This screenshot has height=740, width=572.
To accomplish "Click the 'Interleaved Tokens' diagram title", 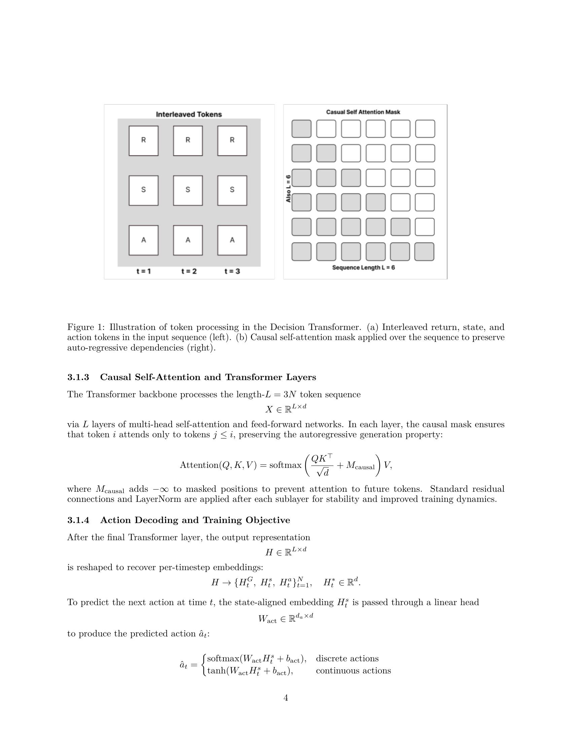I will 189,114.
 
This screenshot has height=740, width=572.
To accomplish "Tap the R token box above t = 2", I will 188,141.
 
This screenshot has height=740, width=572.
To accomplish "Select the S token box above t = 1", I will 143,190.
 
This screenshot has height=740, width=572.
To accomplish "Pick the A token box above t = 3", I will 232,240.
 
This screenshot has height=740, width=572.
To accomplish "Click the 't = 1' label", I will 143,271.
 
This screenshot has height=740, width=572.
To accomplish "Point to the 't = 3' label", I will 232,271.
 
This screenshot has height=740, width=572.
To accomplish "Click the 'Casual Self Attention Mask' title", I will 363,112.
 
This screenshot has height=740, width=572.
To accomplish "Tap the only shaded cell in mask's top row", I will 301,129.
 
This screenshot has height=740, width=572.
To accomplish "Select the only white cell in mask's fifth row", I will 425,227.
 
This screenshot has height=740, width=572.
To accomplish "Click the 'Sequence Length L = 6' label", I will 363,268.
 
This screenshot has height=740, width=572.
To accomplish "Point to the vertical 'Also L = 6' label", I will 288,189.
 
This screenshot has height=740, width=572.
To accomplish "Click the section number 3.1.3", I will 78,377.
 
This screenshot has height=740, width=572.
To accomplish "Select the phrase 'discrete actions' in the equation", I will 347,659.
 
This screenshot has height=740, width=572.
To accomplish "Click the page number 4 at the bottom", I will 286,698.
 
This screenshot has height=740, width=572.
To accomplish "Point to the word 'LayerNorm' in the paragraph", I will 158,499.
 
